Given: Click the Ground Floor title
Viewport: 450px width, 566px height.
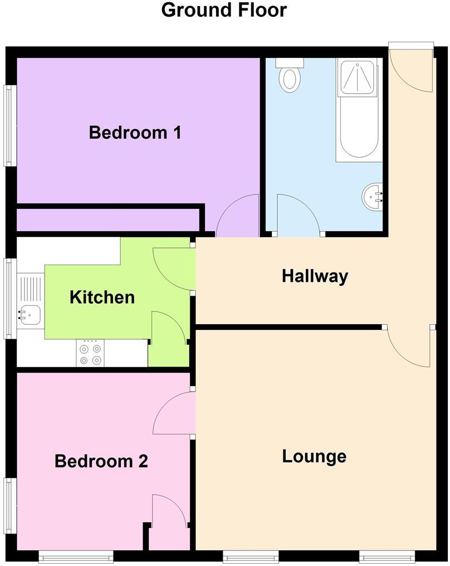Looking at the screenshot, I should [x=224, y=10].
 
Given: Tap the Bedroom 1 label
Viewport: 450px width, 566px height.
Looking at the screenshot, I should [x=135, y=133].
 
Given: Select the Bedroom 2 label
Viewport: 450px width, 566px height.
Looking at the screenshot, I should [x=101, y=461].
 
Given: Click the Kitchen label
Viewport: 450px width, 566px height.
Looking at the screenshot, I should [x=102, y=297].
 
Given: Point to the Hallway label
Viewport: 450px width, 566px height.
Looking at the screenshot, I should [x=315, y=276].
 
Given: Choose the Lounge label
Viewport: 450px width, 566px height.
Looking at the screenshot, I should [x=314, y=456].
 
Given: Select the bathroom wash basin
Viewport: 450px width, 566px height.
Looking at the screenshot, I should [x=373, y=196].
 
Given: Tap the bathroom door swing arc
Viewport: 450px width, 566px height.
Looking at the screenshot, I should [x=298, y=214].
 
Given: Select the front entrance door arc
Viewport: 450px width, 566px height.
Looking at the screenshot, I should [x=411, y=70].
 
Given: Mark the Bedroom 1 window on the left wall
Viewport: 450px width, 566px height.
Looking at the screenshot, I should [x=9, y=125].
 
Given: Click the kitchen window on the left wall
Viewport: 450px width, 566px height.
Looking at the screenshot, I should [x=9, y=298].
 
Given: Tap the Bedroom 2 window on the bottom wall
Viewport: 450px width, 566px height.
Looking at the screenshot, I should [x=76, y=555].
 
